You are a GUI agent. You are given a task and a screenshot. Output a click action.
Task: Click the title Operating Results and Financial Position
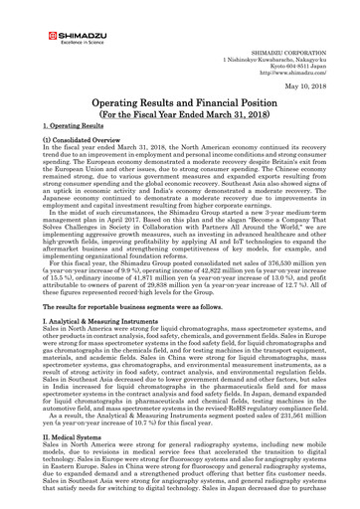(x=180, y=113)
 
